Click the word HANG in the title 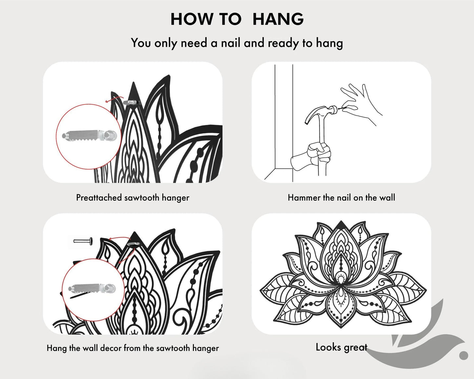[278, 19]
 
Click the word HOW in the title [192, 19]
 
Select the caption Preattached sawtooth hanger [133, 198]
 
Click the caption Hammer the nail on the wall [341, 198]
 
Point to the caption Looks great [341, 347]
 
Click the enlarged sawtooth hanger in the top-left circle [89, 136]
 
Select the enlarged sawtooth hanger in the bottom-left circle [92, 288]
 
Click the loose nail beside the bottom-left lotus [83, 241]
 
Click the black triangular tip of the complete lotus [341, 225]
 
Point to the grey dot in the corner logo [464, 355]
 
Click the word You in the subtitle [141, 43]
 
